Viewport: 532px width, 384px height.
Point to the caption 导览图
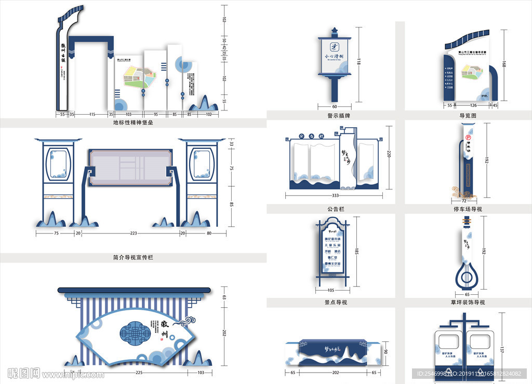(468, 115)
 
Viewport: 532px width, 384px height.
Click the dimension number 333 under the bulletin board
(335, 195)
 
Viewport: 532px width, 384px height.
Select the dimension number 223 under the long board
(133, 234)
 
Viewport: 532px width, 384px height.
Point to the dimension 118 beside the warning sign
(358, 63)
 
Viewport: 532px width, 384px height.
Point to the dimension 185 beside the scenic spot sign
(356, 252)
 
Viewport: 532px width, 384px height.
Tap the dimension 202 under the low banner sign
(335, 372)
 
